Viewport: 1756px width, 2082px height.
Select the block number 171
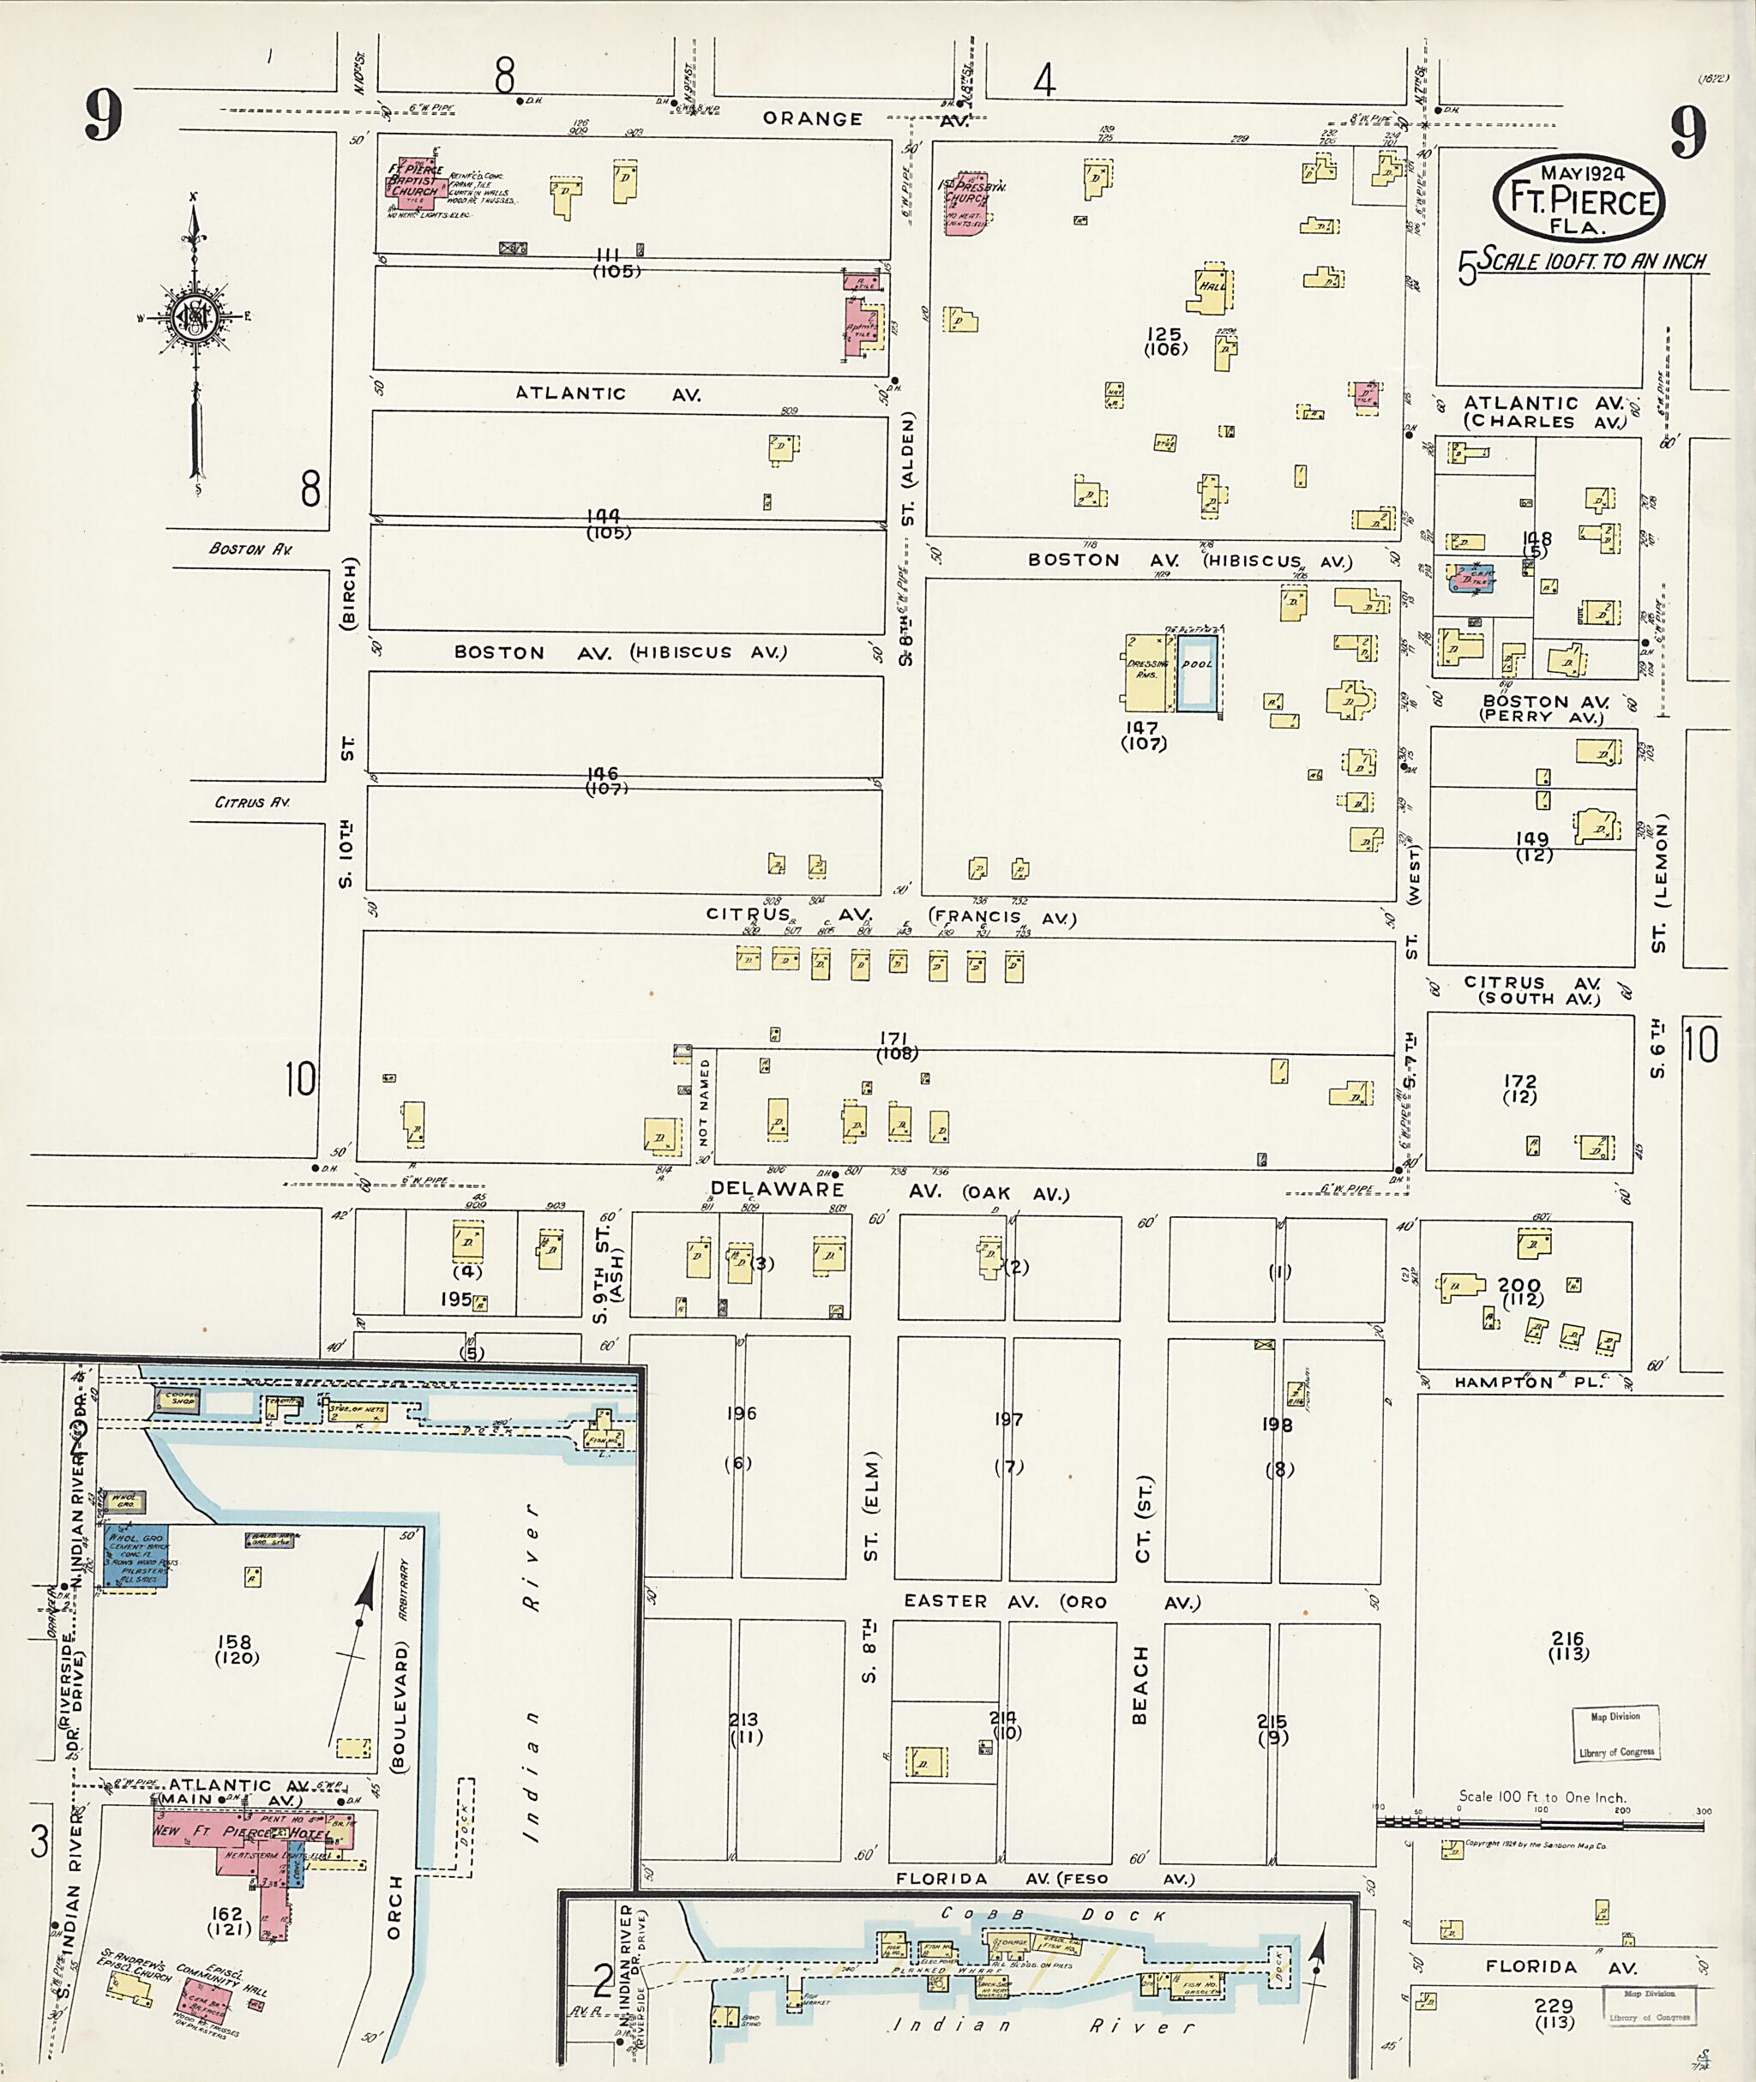896,1038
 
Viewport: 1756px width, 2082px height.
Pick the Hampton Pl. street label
1503,1383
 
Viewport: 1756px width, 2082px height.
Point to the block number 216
1567,1639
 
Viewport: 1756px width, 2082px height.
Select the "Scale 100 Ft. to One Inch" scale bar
1541,1821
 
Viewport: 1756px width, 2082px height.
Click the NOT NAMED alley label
703,1101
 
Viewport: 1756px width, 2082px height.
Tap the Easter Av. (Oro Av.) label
1050,1602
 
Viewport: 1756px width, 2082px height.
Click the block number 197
1007,1419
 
